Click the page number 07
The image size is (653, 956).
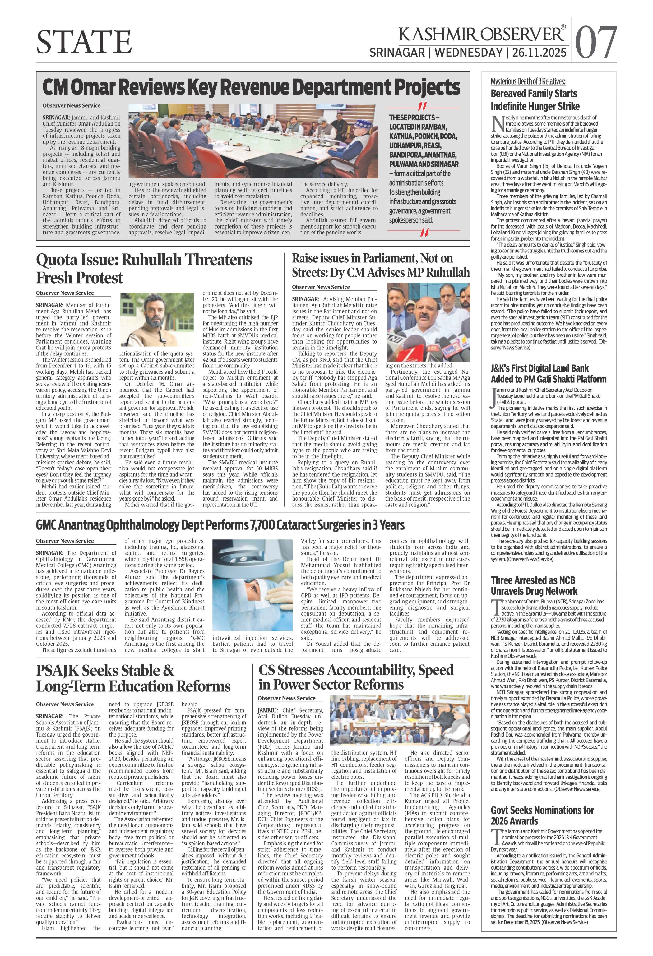click(596, 42)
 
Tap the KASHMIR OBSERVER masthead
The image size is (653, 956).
click(481, 34)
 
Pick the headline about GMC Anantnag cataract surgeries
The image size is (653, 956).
click(220, 525)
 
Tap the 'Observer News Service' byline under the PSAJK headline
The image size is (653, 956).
click(65, 704)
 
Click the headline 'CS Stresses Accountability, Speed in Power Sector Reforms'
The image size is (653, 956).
click(356, 677)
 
